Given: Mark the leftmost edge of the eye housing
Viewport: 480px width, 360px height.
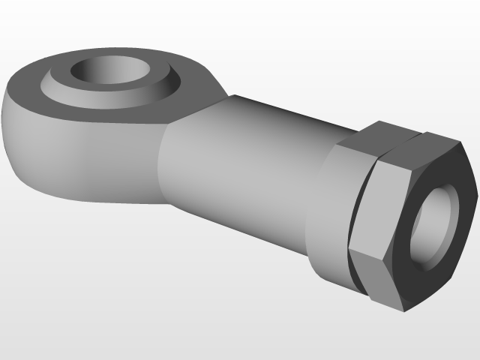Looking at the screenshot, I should [3, 112].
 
